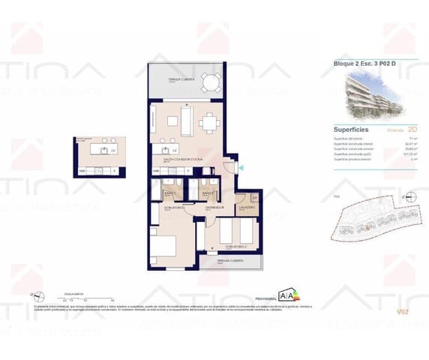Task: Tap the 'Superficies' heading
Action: [x=350, y=129]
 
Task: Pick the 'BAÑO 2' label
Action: [x=208, y=194]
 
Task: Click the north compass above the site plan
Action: [x=406, y=197]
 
